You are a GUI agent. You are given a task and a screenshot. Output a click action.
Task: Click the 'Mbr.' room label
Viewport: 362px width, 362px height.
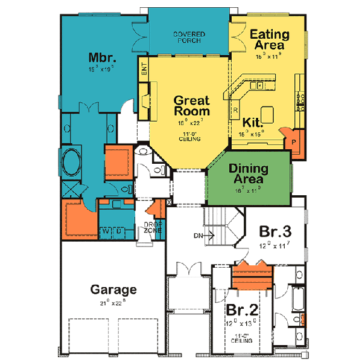click(98, 57)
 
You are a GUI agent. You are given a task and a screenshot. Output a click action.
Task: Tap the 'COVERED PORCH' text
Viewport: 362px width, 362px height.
click(188, 37)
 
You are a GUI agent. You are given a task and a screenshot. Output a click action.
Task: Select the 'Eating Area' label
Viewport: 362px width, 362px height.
click(269, 40)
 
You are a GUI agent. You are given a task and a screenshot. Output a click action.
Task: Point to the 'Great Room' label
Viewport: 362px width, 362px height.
click(192, 106)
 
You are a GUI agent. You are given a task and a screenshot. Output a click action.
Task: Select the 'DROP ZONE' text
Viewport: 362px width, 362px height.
click(151, 228)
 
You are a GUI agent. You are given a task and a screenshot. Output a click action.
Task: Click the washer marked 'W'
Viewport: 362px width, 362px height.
click(104, 230)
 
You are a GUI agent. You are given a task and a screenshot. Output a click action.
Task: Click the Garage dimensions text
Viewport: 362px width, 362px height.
click(113, 302)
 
